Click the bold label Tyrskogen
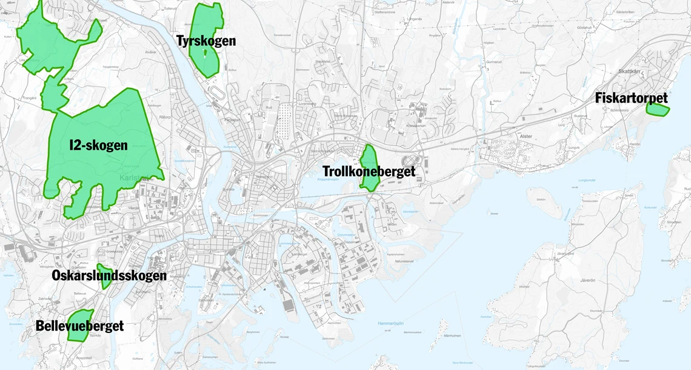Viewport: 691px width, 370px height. coord(206,41)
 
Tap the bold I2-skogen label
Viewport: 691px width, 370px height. coord(98,146)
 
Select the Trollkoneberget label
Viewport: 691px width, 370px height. coord(369,172)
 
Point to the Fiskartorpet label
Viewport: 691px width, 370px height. coord(631,98)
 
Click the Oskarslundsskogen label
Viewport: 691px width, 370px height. coord(109,276)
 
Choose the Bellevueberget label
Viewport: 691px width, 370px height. coord(79,326)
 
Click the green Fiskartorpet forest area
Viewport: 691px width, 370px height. coord(656,110)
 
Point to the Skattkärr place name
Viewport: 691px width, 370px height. coord(628,72)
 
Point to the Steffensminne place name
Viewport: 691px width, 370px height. coord(385,12)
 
